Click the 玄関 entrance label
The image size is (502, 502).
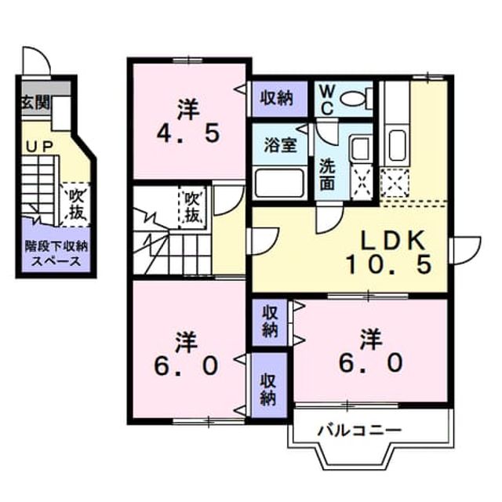click(36, 103)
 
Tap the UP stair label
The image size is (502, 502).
click(39, 147)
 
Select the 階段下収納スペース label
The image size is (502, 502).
click(56, 254)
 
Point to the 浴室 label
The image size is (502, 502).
click(281, 146)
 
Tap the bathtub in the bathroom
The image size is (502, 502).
click(279, 183)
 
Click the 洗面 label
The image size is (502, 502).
click(327, 174)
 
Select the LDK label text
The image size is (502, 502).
click(393, 241)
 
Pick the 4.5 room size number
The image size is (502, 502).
click(188, 133)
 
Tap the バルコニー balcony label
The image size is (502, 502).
click(359, 431)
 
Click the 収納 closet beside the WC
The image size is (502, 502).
click(279, 99)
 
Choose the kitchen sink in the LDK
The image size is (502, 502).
click(397, 145)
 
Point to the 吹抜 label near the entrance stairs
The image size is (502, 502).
click(76, 205)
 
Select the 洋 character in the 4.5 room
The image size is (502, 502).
click(188, 110)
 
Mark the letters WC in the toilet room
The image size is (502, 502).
click(327, 100)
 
